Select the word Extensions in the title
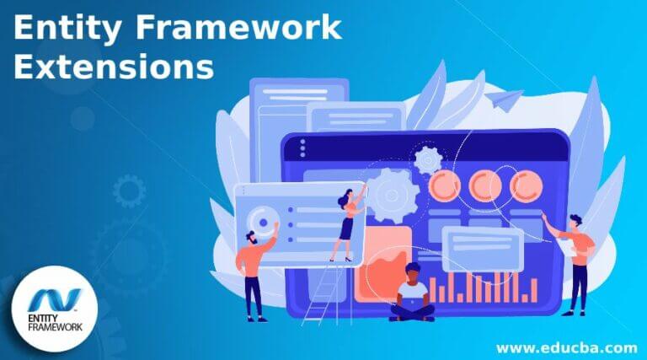click(113, 67)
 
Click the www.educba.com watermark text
click(566, 347)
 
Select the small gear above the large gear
click(429, 158)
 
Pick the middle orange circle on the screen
click(484, 185)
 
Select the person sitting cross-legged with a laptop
click(412, 293)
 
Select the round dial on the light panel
click(264, 223)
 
